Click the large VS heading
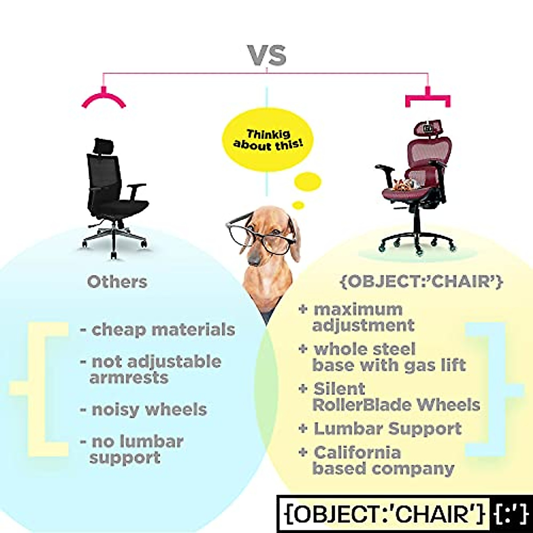(266, 55)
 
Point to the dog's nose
(252, 259)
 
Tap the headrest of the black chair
(105, 145)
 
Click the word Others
(117, 282)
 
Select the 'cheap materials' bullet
(158, 330)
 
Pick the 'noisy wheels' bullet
(143, 409)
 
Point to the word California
(357, 453)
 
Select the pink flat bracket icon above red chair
(428, 98)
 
